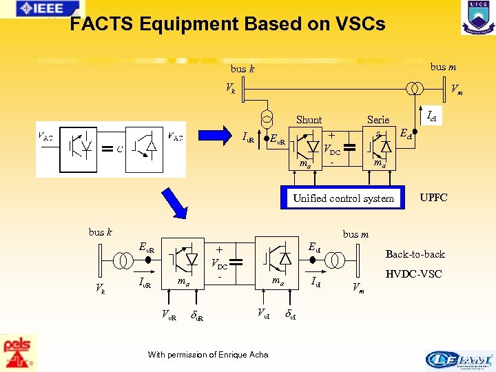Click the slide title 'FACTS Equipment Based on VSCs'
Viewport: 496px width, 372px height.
tap(227, 25)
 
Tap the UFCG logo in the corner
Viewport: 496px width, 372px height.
tap(477, 17)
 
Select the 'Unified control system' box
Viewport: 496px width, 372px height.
tap(343, 198)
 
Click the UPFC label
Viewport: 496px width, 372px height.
tap(434, 198)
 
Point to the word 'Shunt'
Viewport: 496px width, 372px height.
tap(309, 119)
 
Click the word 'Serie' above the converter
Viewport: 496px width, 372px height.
tap(378, 119)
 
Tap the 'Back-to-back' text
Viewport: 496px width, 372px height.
tap(415, 254)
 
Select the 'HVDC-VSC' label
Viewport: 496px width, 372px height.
tap(415, 274)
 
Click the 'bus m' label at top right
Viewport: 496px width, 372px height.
tap(443, 67)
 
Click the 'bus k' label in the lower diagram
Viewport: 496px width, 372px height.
tap(101, 232)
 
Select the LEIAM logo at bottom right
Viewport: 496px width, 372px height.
tap(459, 359)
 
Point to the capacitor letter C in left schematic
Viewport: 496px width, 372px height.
tap(120, 147)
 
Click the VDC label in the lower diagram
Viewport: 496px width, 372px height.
tap(220, 263)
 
